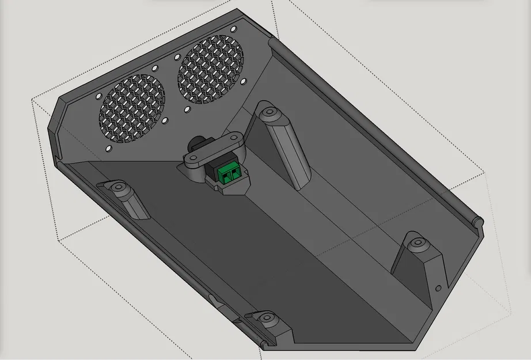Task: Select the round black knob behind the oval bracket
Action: (x=197, y=142)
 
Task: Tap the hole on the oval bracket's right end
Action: (x=236, y=139)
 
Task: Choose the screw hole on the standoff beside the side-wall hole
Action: (x=417, y=244)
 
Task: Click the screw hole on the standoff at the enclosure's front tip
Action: (x=267, y=318)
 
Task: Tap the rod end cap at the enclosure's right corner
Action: (x=477, y=221)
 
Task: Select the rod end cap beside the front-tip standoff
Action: (x=263, y=344)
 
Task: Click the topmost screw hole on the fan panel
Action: (x=233, y=28)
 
